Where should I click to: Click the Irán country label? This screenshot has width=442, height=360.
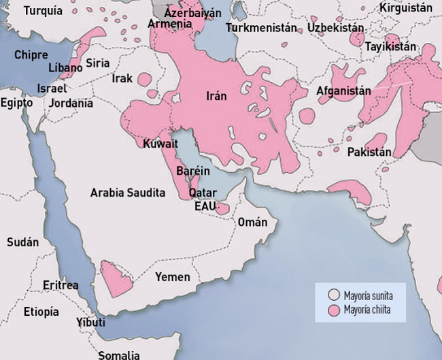(x=216, y=96)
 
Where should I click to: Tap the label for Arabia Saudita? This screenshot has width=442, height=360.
(x=128, y=193)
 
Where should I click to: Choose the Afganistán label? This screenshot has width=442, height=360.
(x=343, y=91)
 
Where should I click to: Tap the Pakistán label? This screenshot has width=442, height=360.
(x=369, y=152)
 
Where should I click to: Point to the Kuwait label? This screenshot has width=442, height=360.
(x=160, y=144)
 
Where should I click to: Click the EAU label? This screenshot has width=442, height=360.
(x=205, y=206)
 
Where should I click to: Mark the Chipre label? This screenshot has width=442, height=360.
(x=31, y=54)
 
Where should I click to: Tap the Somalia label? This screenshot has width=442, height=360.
(x=119, y=355)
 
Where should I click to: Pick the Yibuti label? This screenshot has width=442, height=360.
(x=90, y=322)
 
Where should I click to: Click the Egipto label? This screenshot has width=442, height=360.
(x=16, y=103)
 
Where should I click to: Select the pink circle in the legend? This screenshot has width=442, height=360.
(x=333, y=310)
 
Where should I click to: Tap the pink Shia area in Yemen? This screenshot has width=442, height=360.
(x=114, y=276)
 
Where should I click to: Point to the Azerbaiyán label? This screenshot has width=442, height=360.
(x=193, y=13)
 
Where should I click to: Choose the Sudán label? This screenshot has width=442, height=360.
(x=22, y=242)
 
